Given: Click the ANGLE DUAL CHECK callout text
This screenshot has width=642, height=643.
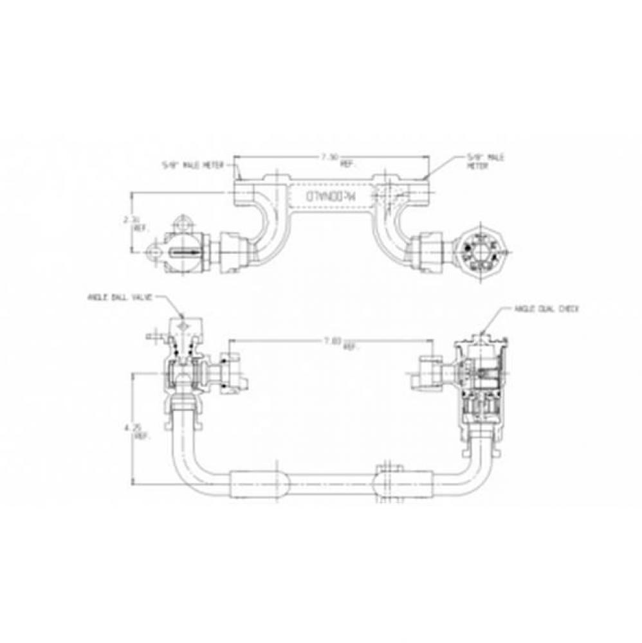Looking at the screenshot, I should (547, 309).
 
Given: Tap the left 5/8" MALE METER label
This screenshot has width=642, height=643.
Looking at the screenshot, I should (192, 165).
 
